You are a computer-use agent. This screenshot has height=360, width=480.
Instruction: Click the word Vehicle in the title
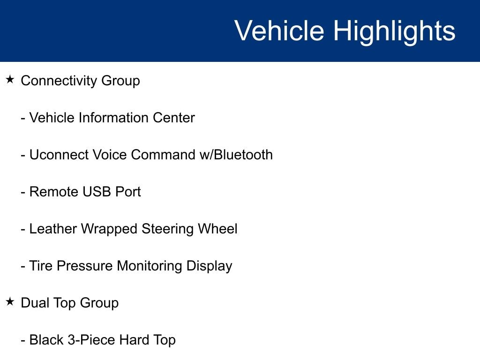(x=279, y=30)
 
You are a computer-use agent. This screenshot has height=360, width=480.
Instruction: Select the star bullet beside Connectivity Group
(x=10, y=80)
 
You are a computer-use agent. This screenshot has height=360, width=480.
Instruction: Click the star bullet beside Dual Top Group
(x=10, y=302)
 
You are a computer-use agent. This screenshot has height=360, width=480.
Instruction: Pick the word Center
(x=173, y=118)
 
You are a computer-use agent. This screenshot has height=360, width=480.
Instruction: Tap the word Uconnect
(x=59, y=155)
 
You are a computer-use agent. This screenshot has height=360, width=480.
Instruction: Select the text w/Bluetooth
(x=236, y=155)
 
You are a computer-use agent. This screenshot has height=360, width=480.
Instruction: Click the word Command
(x=163, y=155)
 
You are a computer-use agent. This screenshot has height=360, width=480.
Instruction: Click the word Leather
(x=53, y=229)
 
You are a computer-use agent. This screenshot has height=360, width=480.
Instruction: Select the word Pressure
(x=84, y=266)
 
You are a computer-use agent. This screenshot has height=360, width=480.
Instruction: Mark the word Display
(x=209, y=266)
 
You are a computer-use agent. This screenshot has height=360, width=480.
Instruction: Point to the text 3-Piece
(x=91, y=340)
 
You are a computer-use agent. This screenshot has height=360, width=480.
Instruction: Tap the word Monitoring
(x=150, y=266)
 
